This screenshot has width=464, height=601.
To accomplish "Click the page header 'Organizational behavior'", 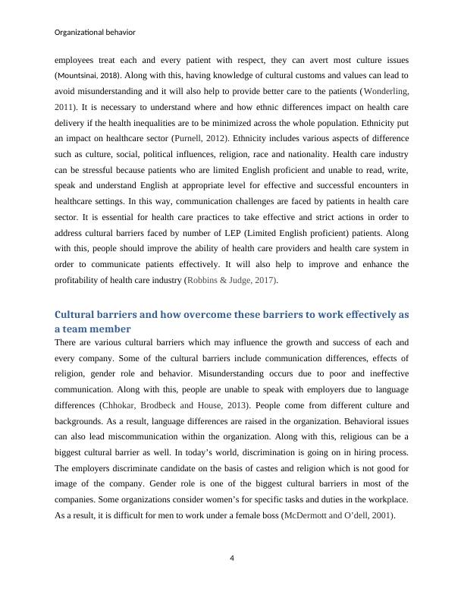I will (x=96, y=32).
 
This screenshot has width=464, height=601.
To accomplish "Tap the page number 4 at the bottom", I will (x=232, y=559).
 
